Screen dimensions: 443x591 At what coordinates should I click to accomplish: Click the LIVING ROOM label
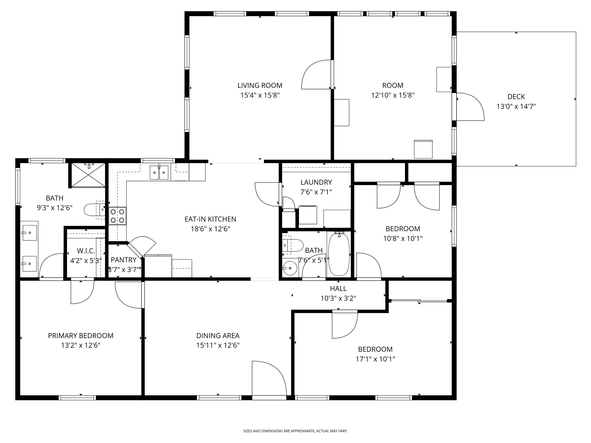[x=260, y=85]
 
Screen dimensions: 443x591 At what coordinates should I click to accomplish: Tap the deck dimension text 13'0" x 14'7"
[x=516, y=107]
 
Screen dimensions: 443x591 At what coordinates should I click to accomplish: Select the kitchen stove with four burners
[x=118, y=216]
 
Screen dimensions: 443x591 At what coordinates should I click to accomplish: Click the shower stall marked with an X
[x=88, y=175]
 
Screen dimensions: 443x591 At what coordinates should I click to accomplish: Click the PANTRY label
[x=124, y=260]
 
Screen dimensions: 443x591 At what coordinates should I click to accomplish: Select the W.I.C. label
[x=86, y=251]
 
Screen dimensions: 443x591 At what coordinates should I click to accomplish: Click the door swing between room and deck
[x=470, y=107]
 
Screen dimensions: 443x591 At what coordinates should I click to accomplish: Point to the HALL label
[x=338, y=288]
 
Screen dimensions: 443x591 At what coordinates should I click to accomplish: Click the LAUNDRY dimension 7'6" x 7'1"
[x=316, y=192]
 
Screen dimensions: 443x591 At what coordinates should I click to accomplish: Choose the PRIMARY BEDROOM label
[x=81, y=336]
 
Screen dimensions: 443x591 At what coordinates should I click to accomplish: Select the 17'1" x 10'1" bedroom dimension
[x=375, y=359]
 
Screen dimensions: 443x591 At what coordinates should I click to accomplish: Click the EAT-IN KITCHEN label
[x=210, y=219]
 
